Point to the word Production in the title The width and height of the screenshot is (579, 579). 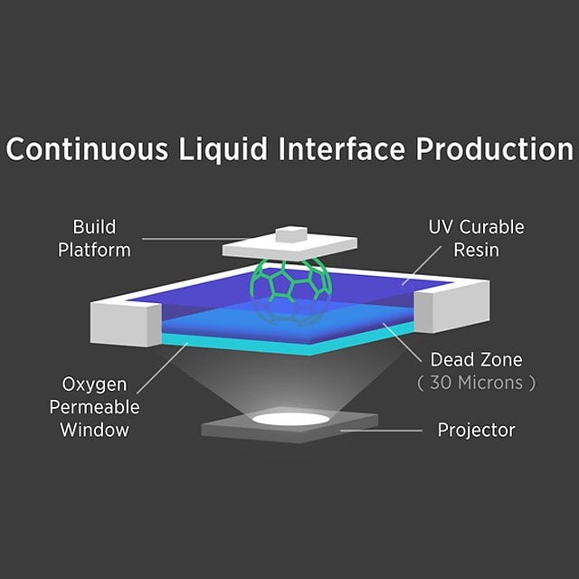494,149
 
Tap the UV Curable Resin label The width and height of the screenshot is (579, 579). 476,238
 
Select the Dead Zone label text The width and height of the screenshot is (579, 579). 476,360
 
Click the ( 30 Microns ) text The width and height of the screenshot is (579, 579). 476,383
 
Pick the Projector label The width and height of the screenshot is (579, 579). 476,429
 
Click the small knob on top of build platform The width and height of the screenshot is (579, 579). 291,235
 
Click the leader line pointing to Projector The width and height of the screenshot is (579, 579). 380,430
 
